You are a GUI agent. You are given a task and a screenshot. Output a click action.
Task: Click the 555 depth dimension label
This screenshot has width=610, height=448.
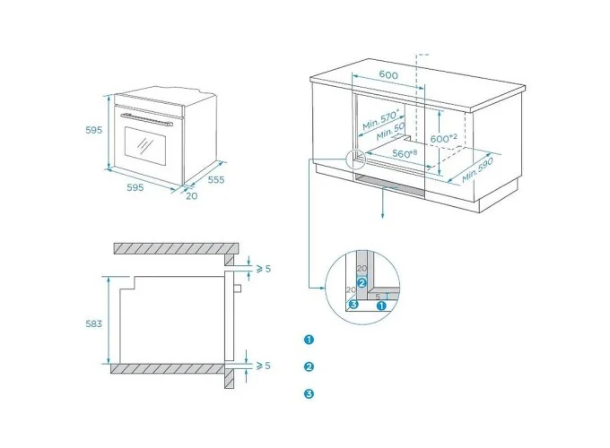pyautogui.click(x=215, y=179)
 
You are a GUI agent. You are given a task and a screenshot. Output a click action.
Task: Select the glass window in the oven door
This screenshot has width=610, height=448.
pyautogui.click(x=144, y=143)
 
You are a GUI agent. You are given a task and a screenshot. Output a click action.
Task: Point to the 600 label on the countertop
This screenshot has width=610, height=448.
pyautogui.click(x=388, y=75)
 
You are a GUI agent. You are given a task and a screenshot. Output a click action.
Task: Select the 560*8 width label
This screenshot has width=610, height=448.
pyautogui.click(x=405, y=153)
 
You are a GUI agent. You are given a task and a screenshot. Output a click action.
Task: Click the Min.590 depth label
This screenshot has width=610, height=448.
pyautogui.click(x=479, y=169)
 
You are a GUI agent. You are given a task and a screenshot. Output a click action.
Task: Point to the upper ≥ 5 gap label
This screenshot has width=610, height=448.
pyautogui.click(x=263, y=268)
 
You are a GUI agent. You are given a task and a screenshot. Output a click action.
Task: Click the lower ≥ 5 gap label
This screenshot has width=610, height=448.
pyautogui.click(x=263, y=366)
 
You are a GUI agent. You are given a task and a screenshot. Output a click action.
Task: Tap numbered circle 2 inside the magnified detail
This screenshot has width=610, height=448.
pyautogui.click(x=362, y=282)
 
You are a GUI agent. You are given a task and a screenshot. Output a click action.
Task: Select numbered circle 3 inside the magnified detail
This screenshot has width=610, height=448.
pyautogui.click(x=354, y=305)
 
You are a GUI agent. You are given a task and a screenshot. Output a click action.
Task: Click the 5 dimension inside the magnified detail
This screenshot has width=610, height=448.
pyautogui.click(x=378, y=295)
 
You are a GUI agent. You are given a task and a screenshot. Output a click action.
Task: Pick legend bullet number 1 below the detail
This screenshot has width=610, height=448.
pyautogui.click(x=309, y=340)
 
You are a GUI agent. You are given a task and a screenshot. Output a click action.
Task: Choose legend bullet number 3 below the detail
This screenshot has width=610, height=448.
pyautogui.click(x=309, y=393)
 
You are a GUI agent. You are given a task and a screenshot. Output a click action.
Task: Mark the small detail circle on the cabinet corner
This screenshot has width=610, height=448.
pyautogui.click(x=355, y=159)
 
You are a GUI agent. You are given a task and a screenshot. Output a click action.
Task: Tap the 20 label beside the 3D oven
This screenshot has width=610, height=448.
pyautogui.click(x=192, y=195)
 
